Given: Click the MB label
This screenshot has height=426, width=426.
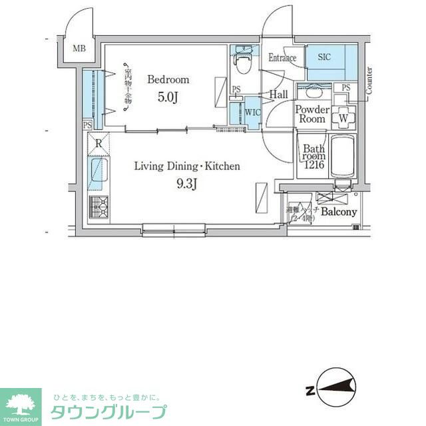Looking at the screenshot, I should pyautogui.click(x=79, y=48).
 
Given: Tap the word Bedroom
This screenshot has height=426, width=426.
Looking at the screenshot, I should pyautogui.click(x=168, y=79).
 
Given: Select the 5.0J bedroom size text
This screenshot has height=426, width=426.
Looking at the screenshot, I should pyautogui.click(x=168, y=97).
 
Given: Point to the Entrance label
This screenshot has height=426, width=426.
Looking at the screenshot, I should pyautogui.click(x=282, y=58).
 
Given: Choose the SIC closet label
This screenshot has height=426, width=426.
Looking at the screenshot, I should pyautogui.click(x=324, y=57).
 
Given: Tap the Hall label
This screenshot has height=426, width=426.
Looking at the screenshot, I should pyautogui.click(x=279, y=95).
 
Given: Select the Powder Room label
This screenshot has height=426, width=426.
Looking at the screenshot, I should pyautogui.click(x=312, y=114).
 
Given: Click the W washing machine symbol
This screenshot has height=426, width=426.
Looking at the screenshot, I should pyautogui.click(x=343, y=117).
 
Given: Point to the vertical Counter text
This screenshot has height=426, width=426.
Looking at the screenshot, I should pyautogui.click(x=369, y=79).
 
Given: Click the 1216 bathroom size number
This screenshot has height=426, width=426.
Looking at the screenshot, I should pyautogui.click(x=314, y=165).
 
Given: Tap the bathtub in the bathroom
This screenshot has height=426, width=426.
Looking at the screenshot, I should pyautogui.click(x=343, y=157).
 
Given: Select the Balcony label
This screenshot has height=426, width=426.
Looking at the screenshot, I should pyautogui.click(x=339, y=212).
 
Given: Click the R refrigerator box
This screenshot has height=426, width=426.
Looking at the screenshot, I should pyautogui.click(x=99, y=143).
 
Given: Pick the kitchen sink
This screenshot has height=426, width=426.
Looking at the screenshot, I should pyautogui.click(x=99, y=173).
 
